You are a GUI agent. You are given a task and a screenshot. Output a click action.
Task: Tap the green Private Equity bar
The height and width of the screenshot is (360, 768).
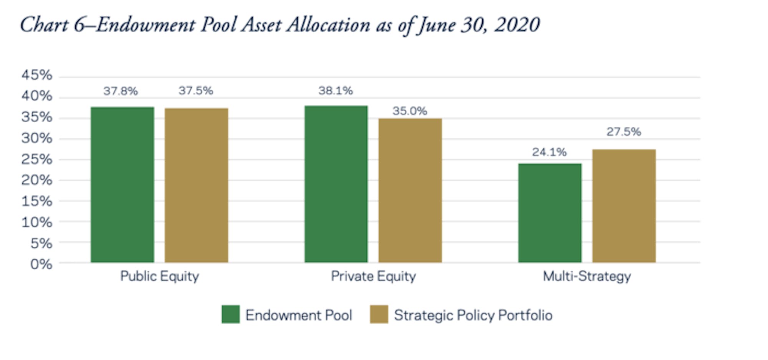336,184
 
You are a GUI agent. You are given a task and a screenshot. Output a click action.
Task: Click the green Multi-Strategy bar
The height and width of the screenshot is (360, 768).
550,213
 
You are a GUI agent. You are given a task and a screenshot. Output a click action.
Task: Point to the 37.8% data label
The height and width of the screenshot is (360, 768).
120,91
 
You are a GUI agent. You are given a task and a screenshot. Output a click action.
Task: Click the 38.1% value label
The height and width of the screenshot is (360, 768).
335,91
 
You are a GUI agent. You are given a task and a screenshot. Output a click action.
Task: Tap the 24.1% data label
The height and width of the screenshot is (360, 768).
549,152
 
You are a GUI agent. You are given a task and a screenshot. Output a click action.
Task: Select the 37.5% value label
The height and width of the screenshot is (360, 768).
195,91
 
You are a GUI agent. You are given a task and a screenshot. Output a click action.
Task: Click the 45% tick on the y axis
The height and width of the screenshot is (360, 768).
36,75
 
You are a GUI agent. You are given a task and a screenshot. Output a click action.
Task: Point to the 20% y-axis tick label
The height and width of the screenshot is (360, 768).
36,180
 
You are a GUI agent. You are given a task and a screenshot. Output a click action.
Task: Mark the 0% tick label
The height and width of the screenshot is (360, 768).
41,264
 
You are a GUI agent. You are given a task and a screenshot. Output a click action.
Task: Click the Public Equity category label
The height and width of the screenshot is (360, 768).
159,276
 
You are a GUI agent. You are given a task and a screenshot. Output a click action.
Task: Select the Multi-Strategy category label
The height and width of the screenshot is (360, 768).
587,276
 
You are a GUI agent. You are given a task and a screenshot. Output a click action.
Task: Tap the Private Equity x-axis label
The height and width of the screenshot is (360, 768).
373,276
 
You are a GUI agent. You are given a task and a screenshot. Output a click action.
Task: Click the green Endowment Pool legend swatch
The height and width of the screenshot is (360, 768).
230,314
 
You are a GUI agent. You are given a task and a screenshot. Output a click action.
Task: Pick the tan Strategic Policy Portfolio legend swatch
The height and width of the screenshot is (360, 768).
379,314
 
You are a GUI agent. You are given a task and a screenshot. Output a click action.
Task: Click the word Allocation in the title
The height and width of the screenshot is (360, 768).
328,25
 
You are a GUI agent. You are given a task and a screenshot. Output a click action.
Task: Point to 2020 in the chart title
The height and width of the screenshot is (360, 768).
517,25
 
